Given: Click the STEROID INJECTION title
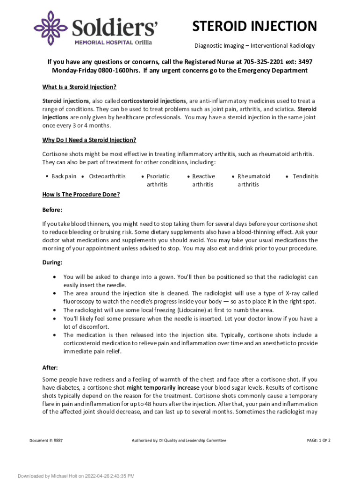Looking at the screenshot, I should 255,26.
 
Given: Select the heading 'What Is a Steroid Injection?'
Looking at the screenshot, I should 79,87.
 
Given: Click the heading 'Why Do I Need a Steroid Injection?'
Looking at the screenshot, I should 89,140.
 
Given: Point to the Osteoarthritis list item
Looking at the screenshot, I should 107,176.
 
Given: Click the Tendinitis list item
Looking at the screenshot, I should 305,176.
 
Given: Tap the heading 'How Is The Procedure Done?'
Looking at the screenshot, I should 81,194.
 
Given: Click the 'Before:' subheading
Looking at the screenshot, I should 52,210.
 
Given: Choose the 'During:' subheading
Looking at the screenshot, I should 52,262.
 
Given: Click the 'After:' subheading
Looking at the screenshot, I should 50,368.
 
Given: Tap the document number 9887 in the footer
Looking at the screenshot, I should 58,441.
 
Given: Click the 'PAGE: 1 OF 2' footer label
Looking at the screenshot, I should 318,441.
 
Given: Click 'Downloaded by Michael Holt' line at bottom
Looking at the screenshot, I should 76,476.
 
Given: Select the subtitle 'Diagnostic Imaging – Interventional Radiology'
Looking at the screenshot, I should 254,46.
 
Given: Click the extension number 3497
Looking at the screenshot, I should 305,62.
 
